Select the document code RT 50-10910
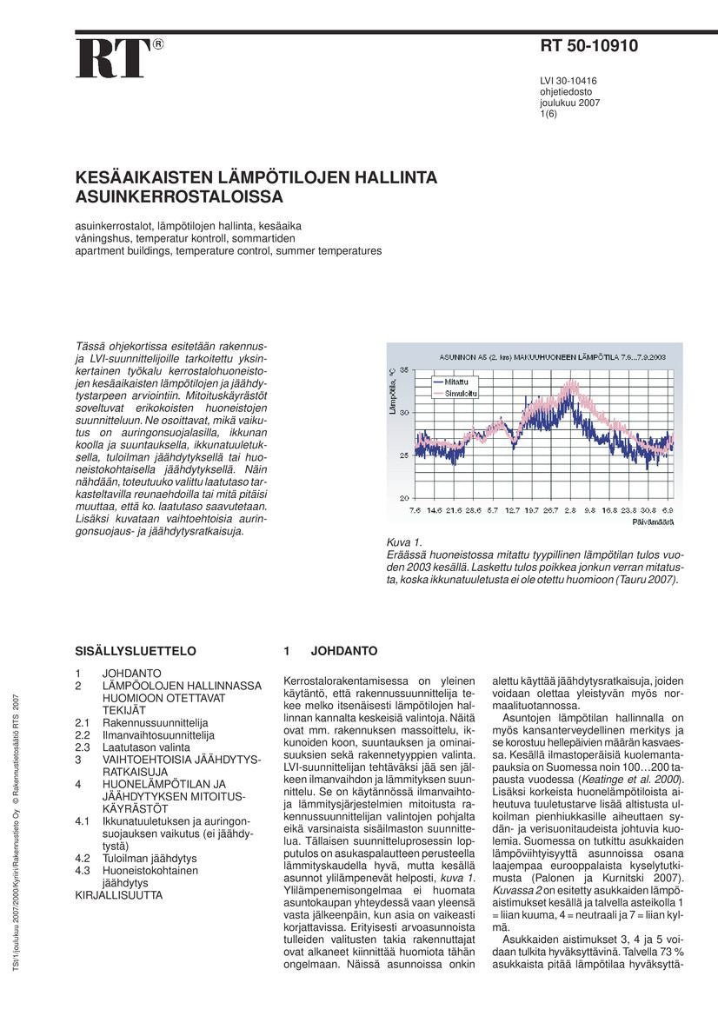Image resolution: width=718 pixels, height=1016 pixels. tap(588, 47)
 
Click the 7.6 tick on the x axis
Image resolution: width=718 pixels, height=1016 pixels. tap(415, 510)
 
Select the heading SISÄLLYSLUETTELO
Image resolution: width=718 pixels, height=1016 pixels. tap(135, 650)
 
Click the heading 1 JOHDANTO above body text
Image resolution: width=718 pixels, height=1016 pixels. tap(330, 650)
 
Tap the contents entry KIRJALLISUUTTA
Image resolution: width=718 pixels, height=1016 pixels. tap(118, 893)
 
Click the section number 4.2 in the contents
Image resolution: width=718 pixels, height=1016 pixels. tap(83, 857)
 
